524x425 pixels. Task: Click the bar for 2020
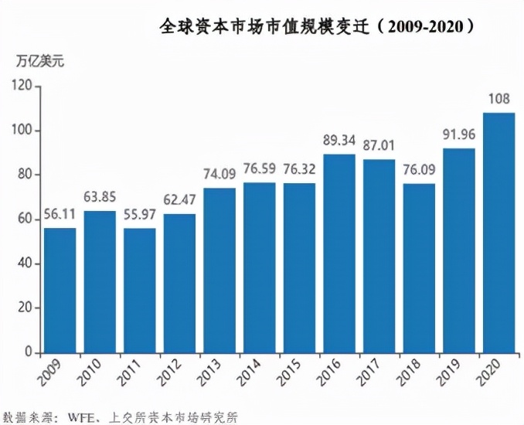point(498,233)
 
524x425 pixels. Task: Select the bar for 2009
point(60,290)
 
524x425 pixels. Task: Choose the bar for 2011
point(140,290)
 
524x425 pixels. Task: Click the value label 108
point(498,99)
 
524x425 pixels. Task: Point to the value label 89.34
point(339,141)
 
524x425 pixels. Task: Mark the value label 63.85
point(100,197)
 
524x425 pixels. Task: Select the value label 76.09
point(419,170)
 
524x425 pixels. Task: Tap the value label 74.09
point(219,175)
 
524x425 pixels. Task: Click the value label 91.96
point(459,134)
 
